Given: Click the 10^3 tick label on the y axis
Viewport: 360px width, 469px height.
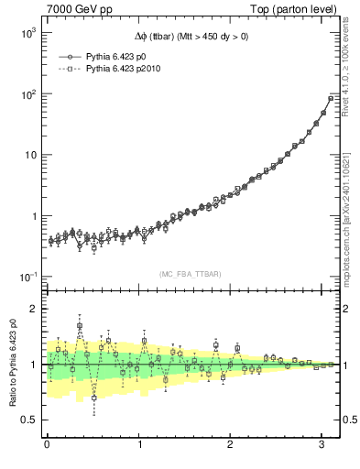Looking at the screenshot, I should click(27, 32).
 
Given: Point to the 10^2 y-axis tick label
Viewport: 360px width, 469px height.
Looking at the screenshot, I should click(27, 93).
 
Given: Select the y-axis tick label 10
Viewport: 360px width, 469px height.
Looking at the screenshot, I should click(29, 155).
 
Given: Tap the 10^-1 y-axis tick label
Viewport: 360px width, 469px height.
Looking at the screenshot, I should click(27, 278).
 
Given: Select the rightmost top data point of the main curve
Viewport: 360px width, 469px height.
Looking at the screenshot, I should click(331, 98).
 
